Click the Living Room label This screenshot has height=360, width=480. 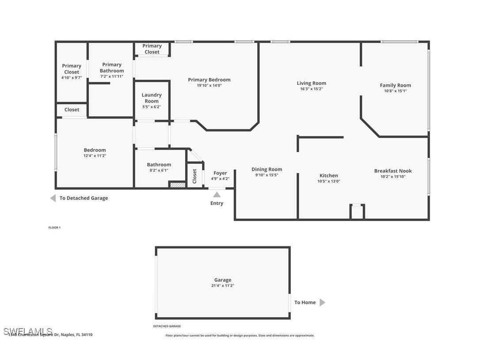pyautogui.click(x=311, y=83)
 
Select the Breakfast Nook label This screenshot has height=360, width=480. pyautogui.click(x=392, y=171)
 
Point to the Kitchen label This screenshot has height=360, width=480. pyautogui.click(x=328, y=176)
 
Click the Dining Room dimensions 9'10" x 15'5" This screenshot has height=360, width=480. pyautogui.click(x=267, y=175)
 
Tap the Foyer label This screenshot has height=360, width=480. pyautogui.click(x=220, y=173)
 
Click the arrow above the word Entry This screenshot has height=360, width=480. pyautogui.click(x=217, y=195)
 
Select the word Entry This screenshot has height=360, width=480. pyautogui.click(x=217, y=203)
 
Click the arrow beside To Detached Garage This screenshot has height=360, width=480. pyautogui.click(x=53, y=198)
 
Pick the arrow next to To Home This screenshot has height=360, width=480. pyautogui.click(x=322, y=303)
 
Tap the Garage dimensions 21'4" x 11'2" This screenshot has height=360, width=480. pyautogui.click(x=222, y=286)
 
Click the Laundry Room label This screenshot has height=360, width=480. pyautogui.click(x=152, y=98)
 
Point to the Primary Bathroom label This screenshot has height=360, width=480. pyautogui.click(x=112, y=68)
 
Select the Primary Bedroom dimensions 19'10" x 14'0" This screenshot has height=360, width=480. pyautogui.click(x=209, y=86)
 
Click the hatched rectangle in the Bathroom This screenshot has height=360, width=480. pyautogui.click(x=177, y=185)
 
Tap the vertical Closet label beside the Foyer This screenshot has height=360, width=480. pyautogui.click(x=194, y=176)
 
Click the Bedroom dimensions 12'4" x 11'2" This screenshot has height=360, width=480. pyautogui.click(x=95, y=156)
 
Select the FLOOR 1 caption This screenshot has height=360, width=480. pyautogui.click(x=54, y=228)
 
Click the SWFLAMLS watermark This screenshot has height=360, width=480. pyautogui.click(x=28, y=331)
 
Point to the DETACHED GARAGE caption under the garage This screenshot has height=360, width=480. pyautogui.click(x=167, y=326)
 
